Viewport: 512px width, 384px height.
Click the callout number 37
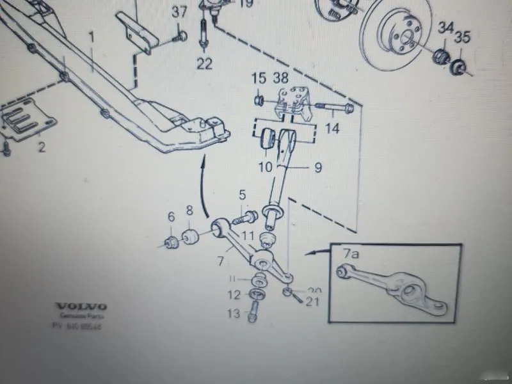[180, 12]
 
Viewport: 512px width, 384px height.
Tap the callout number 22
[204, 63]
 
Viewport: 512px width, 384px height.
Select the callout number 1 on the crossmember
[92, 38]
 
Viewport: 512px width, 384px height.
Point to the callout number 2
[42, 148]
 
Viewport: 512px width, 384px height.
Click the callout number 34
[444, 28]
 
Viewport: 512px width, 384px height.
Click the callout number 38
[280, 78]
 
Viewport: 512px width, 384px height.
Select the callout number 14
[332, 129]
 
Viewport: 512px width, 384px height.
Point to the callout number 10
[265, 167]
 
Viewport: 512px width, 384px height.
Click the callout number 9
[300, 168]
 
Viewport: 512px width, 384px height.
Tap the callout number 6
[171, 217]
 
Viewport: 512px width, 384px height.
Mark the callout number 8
[189, 210]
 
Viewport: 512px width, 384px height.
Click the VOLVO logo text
[80, 307]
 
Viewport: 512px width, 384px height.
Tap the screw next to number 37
[181, 35]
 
